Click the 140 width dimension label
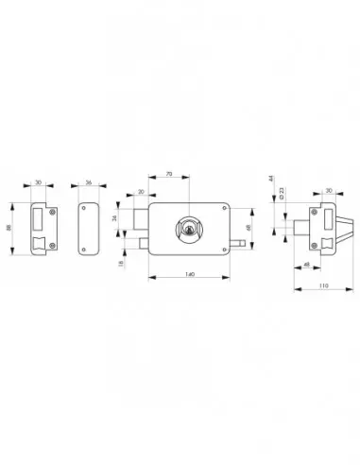pos(189,273)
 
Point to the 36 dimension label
pos(88,185)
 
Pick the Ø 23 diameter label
pos(281,193)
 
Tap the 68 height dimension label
pos(248,228)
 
